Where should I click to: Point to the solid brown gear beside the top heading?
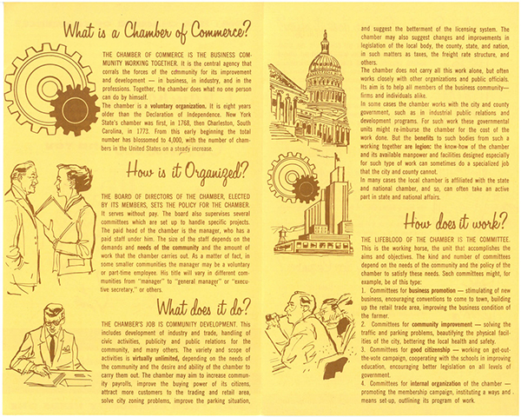tap(73, 103)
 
